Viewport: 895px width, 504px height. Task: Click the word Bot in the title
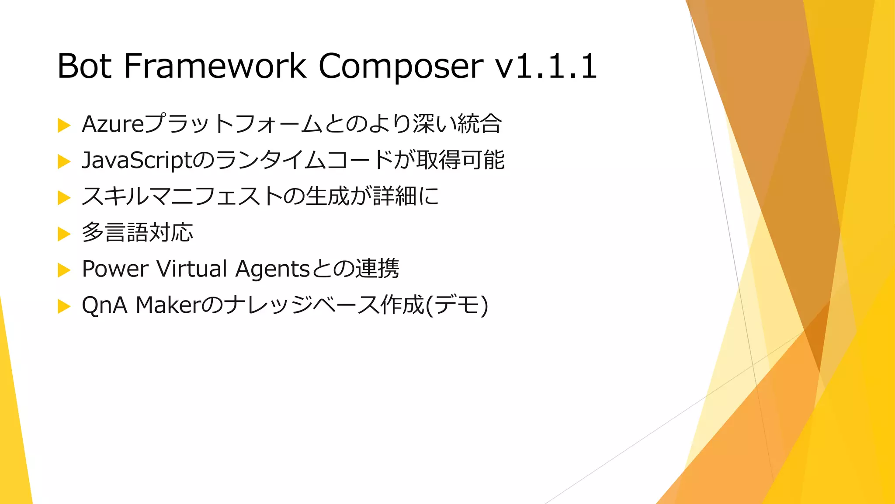pyautogui.click(x=84, y=66)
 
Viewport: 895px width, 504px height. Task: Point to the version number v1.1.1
pyautogui.click(x=546, y=66)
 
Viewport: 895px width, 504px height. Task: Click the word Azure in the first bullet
pyautogui.click(x=113, y=124)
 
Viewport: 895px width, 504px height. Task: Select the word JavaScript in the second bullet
pyautogui.click(x=137, y=161)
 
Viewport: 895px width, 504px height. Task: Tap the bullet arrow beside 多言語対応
pyautogui.click(x=64, y=234)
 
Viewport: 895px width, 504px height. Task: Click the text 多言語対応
pyautogui.click(x=137, y=232)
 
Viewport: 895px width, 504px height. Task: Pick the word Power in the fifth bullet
pyautogui.click(x=115, y=269)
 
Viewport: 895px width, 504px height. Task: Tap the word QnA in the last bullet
pyautogui.click(x=104, y=305)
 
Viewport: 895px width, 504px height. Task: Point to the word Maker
pyautogui.click(x=168, y=305)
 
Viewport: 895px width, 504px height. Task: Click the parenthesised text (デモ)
pyautogui.click(x=457, y=305)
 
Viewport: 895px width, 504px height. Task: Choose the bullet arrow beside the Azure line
pyautogui.click(x=64, y=126)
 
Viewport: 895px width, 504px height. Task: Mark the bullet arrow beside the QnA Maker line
pyautogui.click(x=64, y=307)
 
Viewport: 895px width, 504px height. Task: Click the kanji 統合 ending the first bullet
pyautogui.click(x=479, y=124)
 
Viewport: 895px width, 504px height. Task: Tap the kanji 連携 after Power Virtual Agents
pyautogui.click(x=377, y=269)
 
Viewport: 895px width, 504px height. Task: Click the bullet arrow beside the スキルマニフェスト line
pyautogui.click(x=64, y=198)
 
